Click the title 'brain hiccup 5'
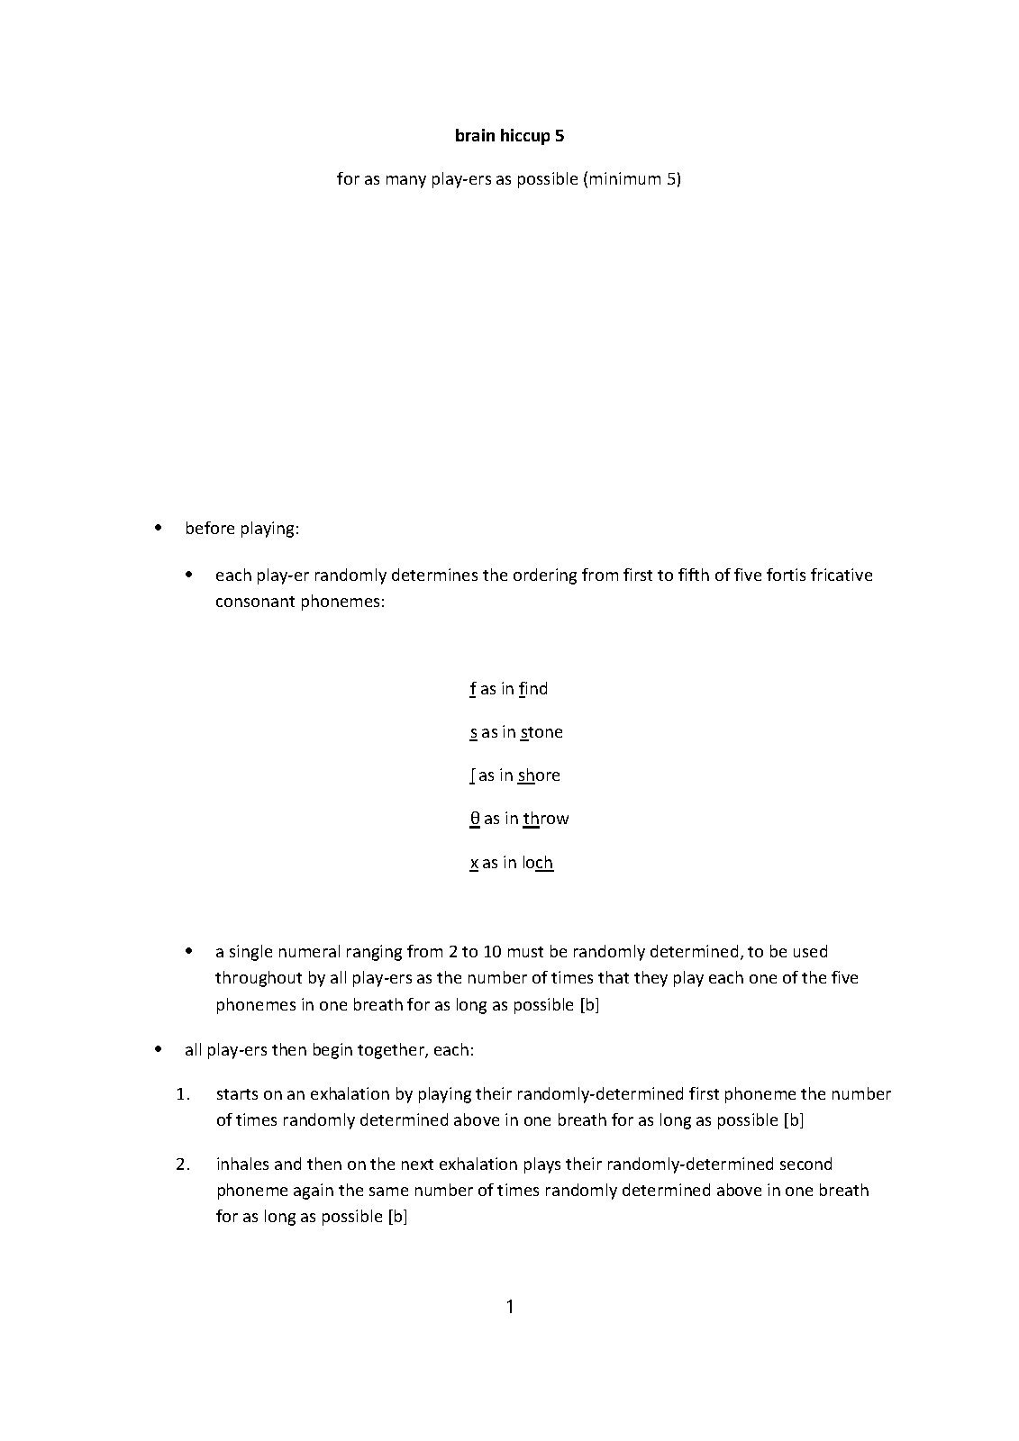[509, 136]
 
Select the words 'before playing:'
[241, 529]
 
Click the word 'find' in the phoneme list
[533, 689]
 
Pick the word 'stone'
[541, 732]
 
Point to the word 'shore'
[539, 775]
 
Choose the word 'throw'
[546, 819]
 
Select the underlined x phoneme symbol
[474, 863]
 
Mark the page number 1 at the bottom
[510, 1307]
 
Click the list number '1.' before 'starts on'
[184, 1094]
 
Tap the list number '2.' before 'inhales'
[184, 1165]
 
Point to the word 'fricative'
[842, 575]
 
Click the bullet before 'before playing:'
[159, 528]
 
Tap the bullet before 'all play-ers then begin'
[159, 1049]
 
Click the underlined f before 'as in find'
[473, 689]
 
